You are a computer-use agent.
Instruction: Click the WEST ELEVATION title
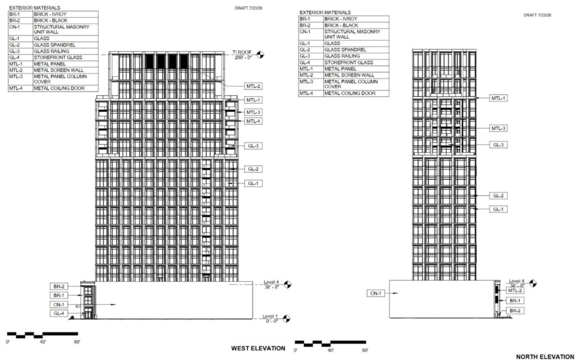pos(258,349)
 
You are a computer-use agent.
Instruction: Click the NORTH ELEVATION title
pos(545,357)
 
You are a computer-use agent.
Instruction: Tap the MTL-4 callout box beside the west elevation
pos(253,121)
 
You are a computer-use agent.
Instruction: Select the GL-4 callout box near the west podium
pos(59,313)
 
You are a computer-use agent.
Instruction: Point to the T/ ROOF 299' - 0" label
pos(243,55)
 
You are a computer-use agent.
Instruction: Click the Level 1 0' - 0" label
pos(270,319)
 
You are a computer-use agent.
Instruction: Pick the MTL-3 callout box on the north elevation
pos(498,128)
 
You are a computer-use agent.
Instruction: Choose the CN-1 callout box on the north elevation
pos(376,293)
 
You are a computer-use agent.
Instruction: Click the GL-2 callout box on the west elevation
pos(253,169)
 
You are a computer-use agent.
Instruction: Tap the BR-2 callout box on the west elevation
pos(59,287)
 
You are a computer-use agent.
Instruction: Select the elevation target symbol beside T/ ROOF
pos(260,55)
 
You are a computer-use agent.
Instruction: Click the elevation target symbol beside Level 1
pos(287,319)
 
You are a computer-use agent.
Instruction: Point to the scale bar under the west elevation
pos(42,335)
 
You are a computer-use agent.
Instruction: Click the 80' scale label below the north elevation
pos(365,350)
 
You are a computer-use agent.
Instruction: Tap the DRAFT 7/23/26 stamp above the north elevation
pos(537,15)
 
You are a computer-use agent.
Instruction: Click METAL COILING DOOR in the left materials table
pos(59,88)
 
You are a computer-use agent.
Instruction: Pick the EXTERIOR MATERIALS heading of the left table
pos(35,7)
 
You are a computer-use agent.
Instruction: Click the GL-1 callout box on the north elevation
pos(498,210)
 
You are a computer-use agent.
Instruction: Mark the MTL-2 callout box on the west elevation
pos(253,86)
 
